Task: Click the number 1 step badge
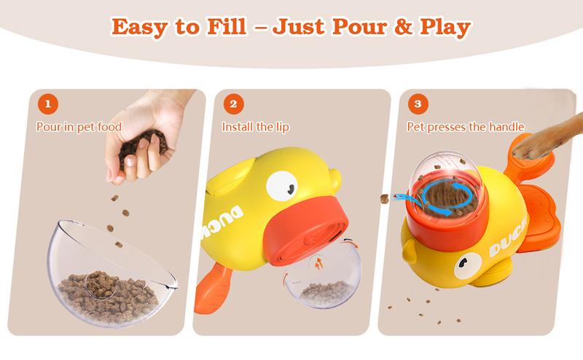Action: click(48, 103)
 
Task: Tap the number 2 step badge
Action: click(233, 103)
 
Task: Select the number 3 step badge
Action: click(418, 103)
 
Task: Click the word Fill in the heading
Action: click(227, 27)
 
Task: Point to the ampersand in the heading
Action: click(404, 27)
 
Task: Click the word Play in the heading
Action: click(445, 28)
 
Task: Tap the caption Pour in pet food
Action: click(79, 128)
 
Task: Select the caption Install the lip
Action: click(256, 128)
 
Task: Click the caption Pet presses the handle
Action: click(466, 128)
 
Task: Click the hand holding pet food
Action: click(147, 134)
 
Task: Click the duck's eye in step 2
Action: click(282, 186)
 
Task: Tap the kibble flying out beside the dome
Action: click(385, 199)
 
